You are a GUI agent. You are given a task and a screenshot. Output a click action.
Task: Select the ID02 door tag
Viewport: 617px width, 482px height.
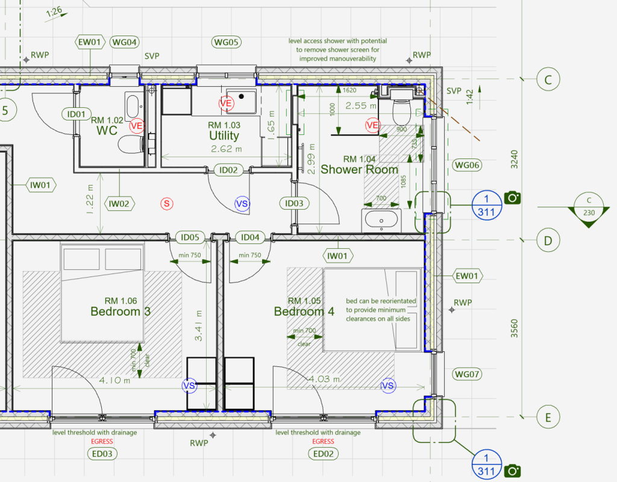pyautogui.click(x=228, y=171)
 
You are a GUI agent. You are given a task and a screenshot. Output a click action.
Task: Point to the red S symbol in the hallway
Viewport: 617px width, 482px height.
pyautogui.click(x=167, y=204)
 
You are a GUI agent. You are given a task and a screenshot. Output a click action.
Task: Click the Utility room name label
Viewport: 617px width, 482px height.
pyautogui.click(x=224, y=137)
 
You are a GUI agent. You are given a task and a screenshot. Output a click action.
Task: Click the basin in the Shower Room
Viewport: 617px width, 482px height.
pyautogui.click(x=381, y=219)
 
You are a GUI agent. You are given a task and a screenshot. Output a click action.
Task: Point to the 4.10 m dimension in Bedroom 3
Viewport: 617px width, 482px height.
pyautogui.click(x=114, y=380)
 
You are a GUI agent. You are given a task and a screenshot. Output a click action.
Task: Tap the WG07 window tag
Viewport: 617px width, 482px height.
pyautogui.click(x=468, y=375)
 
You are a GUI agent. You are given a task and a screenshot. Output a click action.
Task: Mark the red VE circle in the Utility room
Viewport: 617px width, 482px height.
pyautogui.click(x=226, y=104)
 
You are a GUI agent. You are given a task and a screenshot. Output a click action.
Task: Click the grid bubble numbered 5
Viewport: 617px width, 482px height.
pyautogui.click(x=6, y=110)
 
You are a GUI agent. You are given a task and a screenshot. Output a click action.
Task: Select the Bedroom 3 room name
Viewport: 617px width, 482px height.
pyautogui.click(x=120, y=311)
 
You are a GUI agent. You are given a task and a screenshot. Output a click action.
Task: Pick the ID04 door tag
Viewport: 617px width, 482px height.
pyautogui.click(x=251, y=237)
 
